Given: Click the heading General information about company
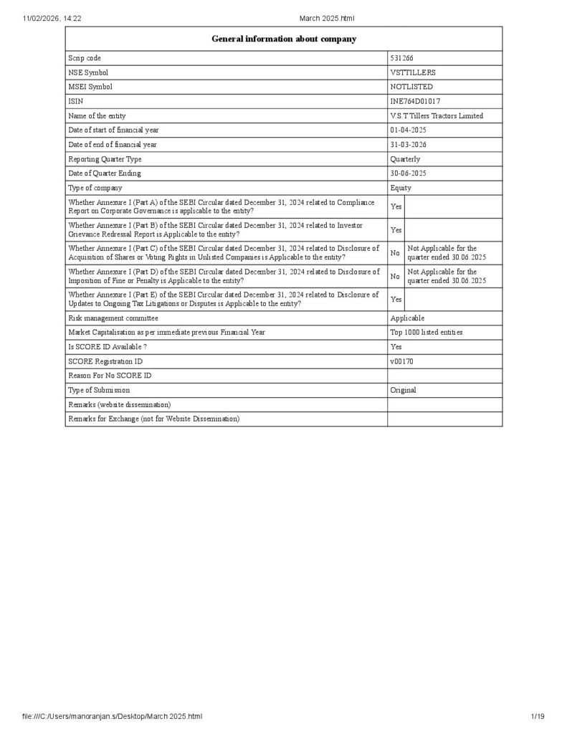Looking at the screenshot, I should click(283, 39).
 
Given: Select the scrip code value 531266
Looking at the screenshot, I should click(401, 58).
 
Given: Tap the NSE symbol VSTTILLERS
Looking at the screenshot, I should click(412, 72).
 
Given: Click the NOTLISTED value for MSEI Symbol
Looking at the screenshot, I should click(411, 87).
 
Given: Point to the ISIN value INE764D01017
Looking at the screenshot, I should click(415, 101).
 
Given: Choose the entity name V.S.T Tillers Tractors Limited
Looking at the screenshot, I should click(437, 115).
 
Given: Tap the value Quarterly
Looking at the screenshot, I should click(405, 159).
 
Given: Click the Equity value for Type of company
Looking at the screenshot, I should click(401, 188).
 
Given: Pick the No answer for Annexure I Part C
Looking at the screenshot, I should click(395, 253).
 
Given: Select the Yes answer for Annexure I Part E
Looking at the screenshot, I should click(396, 300).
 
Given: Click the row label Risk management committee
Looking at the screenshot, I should click(113, 318).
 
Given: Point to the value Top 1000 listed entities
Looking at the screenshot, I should click(426, 332).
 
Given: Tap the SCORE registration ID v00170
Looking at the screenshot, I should click(401, 361).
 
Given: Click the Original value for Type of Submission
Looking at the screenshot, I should click(403, 390).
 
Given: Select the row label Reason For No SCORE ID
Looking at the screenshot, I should click(110, 376).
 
